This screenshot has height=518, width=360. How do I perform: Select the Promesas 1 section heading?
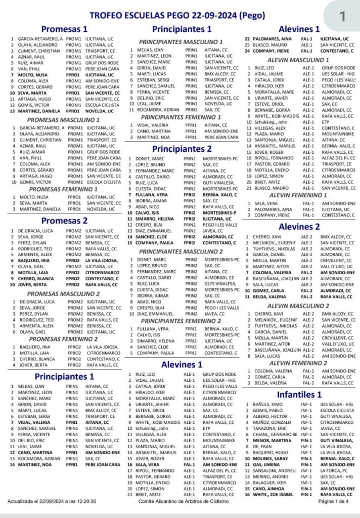pos(65,29)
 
